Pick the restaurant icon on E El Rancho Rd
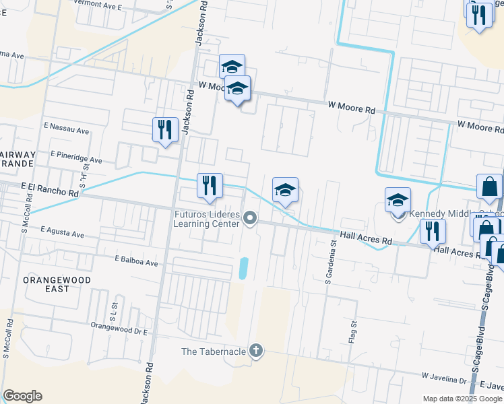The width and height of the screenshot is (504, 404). point(210,186)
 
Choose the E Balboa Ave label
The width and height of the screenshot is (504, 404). point(135,260)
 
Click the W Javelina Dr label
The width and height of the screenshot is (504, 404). point(445,378)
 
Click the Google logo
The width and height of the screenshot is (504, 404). point(22,396)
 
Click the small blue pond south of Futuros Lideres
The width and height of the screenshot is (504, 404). point(243,269)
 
